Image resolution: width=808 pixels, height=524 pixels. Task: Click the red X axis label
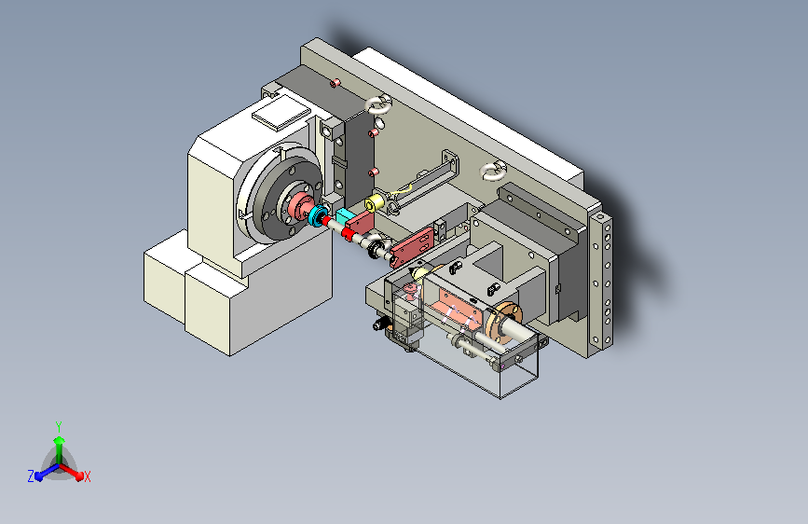87,477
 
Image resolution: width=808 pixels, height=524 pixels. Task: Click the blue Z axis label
31,476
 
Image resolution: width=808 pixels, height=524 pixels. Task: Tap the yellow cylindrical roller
374,203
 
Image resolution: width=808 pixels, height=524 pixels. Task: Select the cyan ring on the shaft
317,215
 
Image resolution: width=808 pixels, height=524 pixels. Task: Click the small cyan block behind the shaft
343,216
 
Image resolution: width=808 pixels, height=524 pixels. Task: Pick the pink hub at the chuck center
299,205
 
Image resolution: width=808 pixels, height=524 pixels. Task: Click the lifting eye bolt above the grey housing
493,171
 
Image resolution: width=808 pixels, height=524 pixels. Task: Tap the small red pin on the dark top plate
336,83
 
